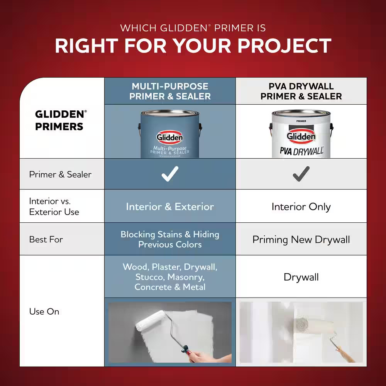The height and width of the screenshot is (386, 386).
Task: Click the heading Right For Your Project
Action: [x=193, y=46]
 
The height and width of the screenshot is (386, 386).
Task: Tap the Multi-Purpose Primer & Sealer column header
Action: [x=170, y=91]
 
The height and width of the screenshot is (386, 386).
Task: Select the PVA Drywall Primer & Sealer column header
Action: [x=301, y=91]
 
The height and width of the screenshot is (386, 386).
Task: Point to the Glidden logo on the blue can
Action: [x=170, y=137]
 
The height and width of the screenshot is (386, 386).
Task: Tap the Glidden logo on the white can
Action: [x=301, y=136]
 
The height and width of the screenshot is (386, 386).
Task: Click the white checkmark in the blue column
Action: [x=170, y=174]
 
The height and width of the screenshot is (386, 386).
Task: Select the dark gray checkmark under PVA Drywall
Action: [x=301, y=174]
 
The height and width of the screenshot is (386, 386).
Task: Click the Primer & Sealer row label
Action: [x=60, y=174]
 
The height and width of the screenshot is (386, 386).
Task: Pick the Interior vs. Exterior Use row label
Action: [x=54, y=207]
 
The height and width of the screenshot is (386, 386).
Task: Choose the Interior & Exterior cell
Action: [x=170, y=207]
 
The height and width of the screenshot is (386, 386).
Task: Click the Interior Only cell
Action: [x=301, y=207]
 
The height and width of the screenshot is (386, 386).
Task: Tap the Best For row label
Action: [x=46, y=239]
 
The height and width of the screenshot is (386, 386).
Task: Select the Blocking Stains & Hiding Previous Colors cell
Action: [x=170, y=239]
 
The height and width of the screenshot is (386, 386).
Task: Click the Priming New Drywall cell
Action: [x=301, y=240]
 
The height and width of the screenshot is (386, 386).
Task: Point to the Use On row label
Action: [x=44, y=312]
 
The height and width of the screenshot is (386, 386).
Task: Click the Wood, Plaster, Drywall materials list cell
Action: [x=170, y=277]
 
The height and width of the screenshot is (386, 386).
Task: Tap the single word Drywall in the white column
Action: [x=301, y=277]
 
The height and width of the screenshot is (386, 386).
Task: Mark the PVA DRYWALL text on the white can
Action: [x=302, y=151]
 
